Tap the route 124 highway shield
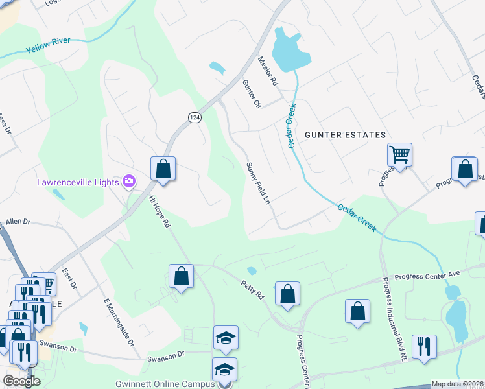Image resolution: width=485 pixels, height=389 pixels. pyautogui.click(x=195, y=117)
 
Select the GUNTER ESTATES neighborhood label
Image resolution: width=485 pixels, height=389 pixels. pyautogui.click(x=346, y=134)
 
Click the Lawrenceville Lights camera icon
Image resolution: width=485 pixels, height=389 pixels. pyautogui.click(x=129, y=181)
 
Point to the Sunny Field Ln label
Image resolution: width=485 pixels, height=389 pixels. pyautogui.click(x=257, y=183)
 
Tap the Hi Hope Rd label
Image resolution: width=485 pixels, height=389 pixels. pyautogui.click(x=160, y=211)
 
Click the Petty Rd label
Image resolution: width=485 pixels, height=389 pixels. pyautogui.click(x=253, y=289)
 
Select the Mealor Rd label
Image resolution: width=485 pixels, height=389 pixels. pyautogui.click(x=268, y=72)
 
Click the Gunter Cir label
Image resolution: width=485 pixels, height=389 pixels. pyautogui.click(x=252, y=94)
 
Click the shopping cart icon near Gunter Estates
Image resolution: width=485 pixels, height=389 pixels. pyautogui.click(x=399, y=155)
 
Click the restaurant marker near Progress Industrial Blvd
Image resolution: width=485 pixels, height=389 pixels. pyautogui.click(x=423, y=346)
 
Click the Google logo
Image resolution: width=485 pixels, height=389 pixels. pyautogui.click(x=21, y=381)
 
